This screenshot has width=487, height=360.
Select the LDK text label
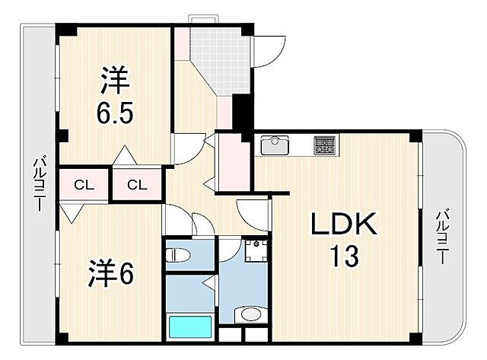point(343,225)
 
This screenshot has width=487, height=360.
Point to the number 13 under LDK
point(343,257)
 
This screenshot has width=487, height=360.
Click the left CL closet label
point(84,184)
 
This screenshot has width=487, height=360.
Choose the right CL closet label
point(137,184)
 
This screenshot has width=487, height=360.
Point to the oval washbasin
point(247,315)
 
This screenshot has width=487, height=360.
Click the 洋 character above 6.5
point(115,79)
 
